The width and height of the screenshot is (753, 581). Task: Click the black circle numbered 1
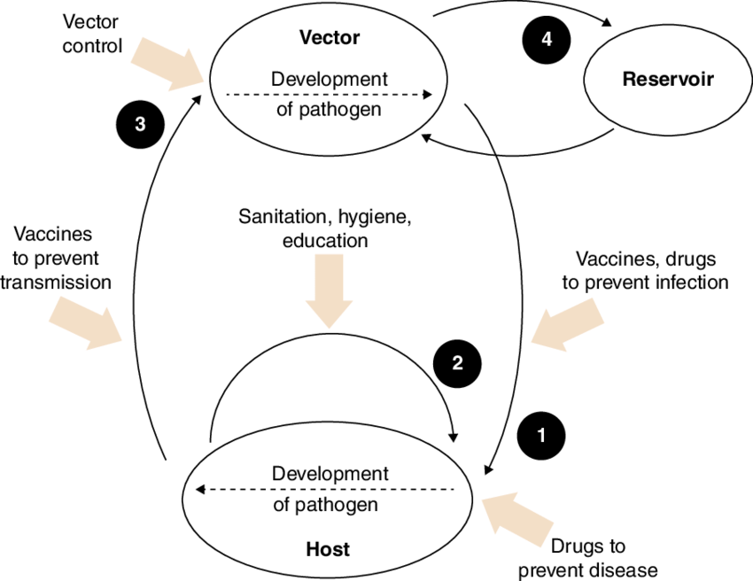tap(543, 436)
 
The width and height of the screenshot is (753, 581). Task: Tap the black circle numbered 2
tap(457, 362)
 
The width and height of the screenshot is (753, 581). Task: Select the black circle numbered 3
tap(140, 124)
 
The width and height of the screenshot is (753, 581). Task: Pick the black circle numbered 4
tap(547, 41)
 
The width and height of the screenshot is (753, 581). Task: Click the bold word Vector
tap(329, 38)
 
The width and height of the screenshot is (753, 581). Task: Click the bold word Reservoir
tap(667, 79)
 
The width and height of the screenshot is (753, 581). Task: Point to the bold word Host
tap(328, 549)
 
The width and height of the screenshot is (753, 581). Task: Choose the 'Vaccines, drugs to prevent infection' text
tap(652, 271)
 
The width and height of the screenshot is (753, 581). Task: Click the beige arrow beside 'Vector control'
tap(168, 64)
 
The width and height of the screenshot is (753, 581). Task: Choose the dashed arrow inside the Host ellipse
tap(325, 489)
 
